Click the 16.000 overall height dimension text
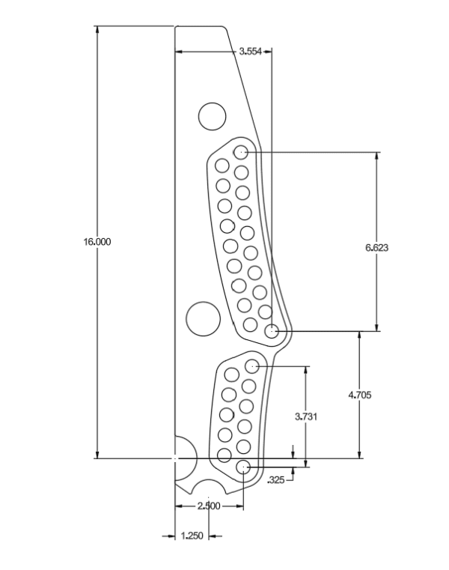[97, 242]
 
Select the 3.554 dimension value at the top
[250, 52]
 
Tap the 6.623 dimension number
[376, 246]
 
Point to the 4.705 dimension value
[361, 395]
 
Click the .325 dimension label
[276, 479]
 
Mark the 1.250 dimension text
[192, 536]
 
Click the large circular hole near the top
[212, 116]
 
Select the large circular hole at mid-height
[201, 319]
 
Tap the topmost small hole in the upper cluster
[241, 152]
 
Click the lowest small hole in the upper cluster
[274, 330]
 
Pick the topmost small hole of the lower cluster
[252, 366]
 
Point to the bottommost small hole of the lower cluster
[243, 467]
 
